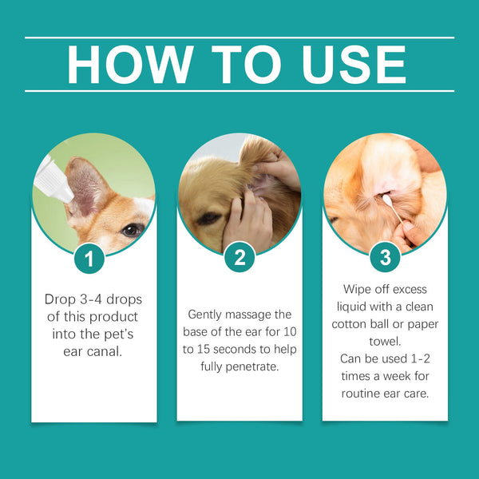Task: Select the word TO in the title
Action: click(x=239, y=65)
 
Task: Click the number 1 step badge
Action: click(x=94, y=259)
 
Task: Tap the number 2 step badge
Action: click(x=239, y=259)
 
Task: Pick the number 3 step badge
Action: click(x=385, y=259)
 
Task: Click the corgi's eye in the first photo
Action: click(x=128, y=229)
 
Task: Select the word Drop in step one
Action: click(x=60, y=299)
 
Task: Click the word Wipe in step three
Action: click(x=359, y=288)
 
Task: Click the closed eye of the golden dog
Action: click(x=207, y=217)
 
